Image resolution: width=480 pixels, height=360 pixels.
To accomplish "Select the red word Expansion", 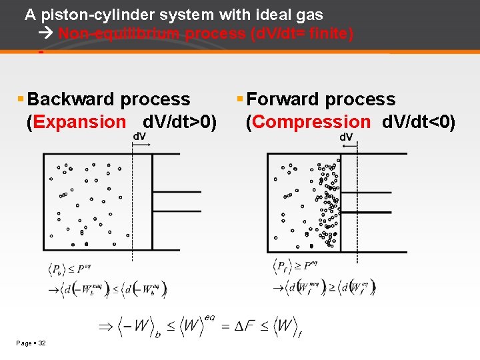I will coord(79,122).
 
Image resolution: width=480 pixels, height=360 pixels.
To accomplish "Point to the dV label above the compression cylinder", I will coord(347,137).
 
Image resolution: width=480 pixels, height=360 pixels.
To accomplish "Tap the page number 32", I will coord(42,343).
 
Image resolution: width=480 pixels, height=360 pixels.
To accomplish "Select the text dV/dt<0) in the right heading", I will coord(419,122).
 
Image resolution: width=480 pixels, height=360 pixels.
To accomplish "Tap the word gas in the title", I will coord(311,15).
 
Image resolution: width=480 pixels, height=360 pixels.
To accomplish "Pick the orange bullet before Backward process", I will coord(21,99).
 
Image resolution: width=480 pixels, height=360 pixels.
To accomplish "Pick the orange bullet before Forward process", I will coord(240,99).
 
